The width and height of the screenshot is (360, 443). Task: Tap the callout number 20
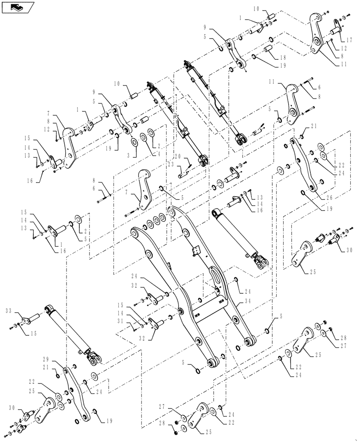[177, 156]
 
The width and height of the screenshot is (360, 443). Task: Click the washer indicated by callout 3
[134, 143]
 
